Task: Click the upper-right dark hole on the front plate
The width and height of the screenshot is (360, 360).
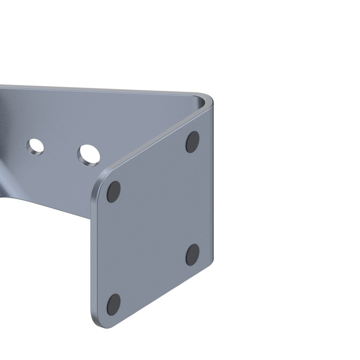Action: [192, 142]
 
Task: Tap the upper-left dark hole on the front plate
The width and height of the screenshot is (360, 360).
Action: [113, 192]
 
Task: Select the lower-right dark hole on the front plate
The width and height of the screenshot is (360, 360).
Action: [193, 254]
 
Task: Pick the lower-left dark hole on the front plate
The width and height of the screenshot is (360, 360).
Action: [113, 304]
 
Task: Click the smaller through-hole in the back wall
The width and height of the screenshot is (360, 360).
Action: [35, 146]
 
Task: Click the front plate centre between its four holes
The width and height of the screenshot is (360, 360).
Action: [153, 223]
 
